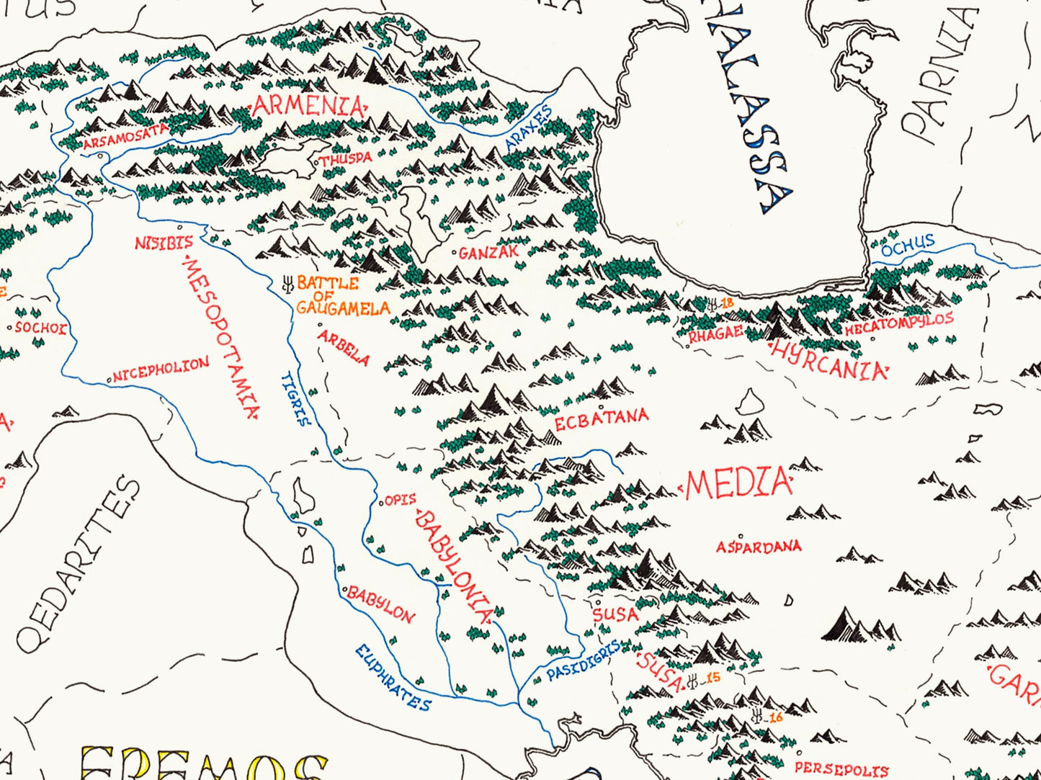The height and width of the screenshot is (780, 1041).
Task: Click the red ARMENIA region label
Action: coord(308,107)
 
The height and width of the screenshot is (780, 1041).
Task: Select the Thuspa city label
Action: coord(347,158)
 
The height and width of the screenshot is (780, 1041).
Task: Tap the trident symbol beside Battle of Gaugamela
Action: coord(287,284)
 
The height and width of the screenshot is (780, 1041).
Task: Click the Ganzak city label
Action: coord(489,253)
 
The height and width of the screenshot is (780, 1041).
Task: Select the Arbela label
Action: coord(344,347)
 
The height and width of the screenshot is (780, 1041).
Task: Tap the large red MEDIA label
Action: coord(738,484)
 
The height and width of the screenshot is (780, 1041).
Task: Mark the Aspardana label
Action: coord(758,547)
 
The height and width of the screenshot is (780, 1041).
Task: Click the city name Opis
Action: coord(401,499)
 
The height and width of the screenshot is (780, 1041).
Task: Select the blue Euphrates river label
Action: coord(393,678)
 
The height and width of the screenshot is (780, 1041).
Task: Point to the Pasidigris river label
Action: coord(583,661)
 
